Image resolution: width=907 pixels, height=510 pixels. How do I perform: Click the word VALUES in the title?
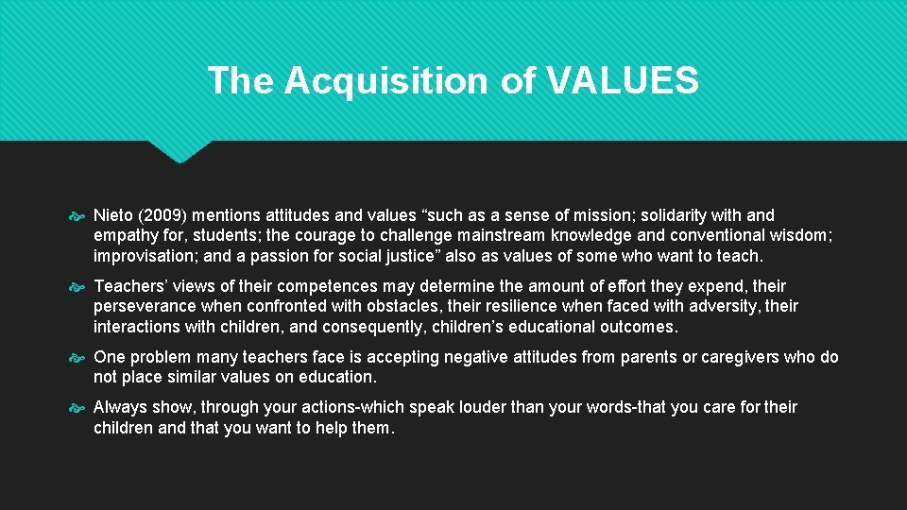[623, 81]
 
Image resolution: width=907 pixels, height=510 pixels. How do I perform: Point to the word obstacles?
[386, 307]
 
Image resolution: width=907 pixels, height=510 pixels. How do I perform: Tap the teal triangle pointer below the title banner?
[180, 151]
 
